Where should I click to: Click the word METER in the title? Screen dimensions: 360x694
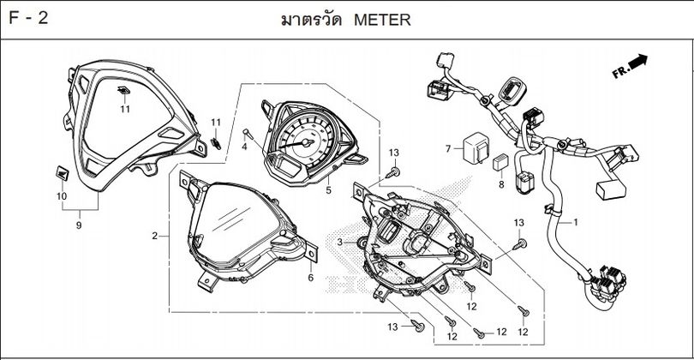point(381,19)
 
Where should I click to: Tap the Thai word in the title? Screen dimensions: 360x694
point(310,19)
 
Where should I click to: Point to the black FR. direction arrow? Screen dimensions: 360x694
point(636,62)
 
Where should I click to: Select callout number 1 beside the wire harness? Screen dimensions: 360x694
point(576,222)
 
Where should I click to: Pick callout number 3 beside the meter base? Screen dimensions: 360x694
point(340,243)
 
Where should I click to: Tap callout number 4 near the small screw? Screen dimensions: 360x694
point(244,147)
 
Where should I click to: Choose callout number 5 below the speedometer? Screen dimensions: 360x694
point(328,190)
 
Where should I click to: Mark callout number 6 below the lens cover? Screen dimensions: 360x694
point(310,277)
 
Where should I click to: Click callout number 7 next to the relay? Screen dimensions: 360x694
point(447,149)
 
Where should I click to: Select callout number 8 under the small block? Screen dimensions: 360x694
point(501,183)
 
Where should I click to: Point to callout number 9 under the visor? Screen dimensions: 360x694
point(79,225)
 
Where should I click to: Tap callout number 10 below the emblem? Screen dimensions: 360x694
point(61,196)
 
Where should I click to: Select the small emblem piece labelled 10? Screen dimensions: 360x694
point(63,172)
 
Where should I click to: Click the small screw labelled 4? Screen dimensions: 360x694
point(247,133)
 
